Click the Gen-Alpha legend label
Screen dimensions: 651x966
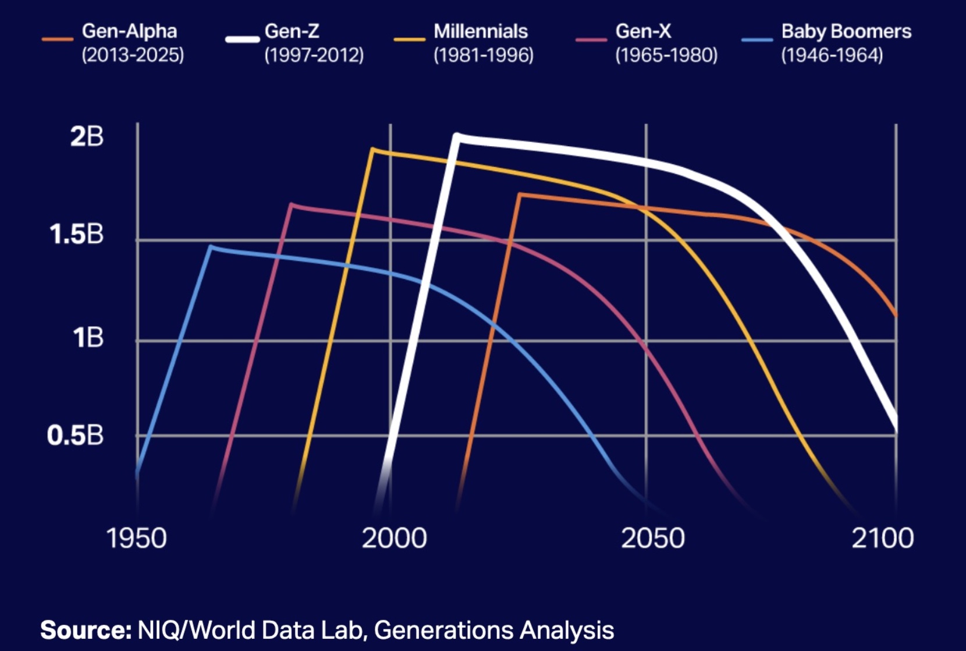129,31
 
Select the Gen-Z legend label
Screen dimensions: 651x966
292,31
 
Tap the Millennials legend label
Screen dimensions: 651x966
480,31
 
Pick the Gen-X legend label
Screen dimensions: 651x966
643,31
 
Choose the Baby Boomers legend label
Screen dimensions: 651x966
846,31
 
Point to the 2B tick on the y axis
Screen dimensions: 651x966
87,137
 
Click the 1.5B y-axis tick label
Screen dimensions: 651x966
76,235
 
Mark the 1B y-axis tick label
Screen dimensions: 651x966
88,338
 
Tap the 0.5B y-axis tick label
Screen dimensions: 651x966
75,436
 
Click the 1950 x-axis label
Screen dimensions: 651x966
136,538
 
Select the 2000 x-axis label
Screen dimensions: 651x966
394,538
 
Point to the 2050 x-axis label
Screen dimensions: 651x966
652,538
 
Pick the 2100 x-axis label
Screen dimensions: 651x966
882,538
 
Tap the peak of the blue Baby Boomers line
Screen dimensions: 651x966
211,247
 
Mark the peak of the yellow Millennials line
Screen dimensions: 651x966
372,150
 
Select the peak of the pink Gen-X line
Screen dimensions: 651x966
292,204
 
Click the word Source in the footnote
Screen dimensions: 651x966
86,630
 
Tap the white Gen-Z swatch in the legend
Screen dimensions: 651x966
242,40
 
